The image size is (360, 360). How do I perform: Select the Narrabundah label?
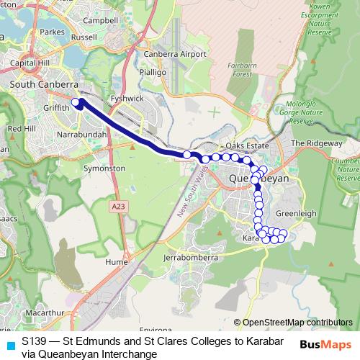click(x=81, y=135)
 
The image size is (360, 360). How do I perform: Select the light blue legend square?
click(x=10, y=345)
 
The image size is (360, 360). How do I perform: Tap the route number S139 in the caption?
click(x=35, y=341)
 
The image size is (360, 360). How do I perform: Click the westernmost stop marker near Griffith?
click(x=76, y=102)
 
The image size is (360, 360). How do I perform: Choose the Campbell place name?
click(x=101, y=21)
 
